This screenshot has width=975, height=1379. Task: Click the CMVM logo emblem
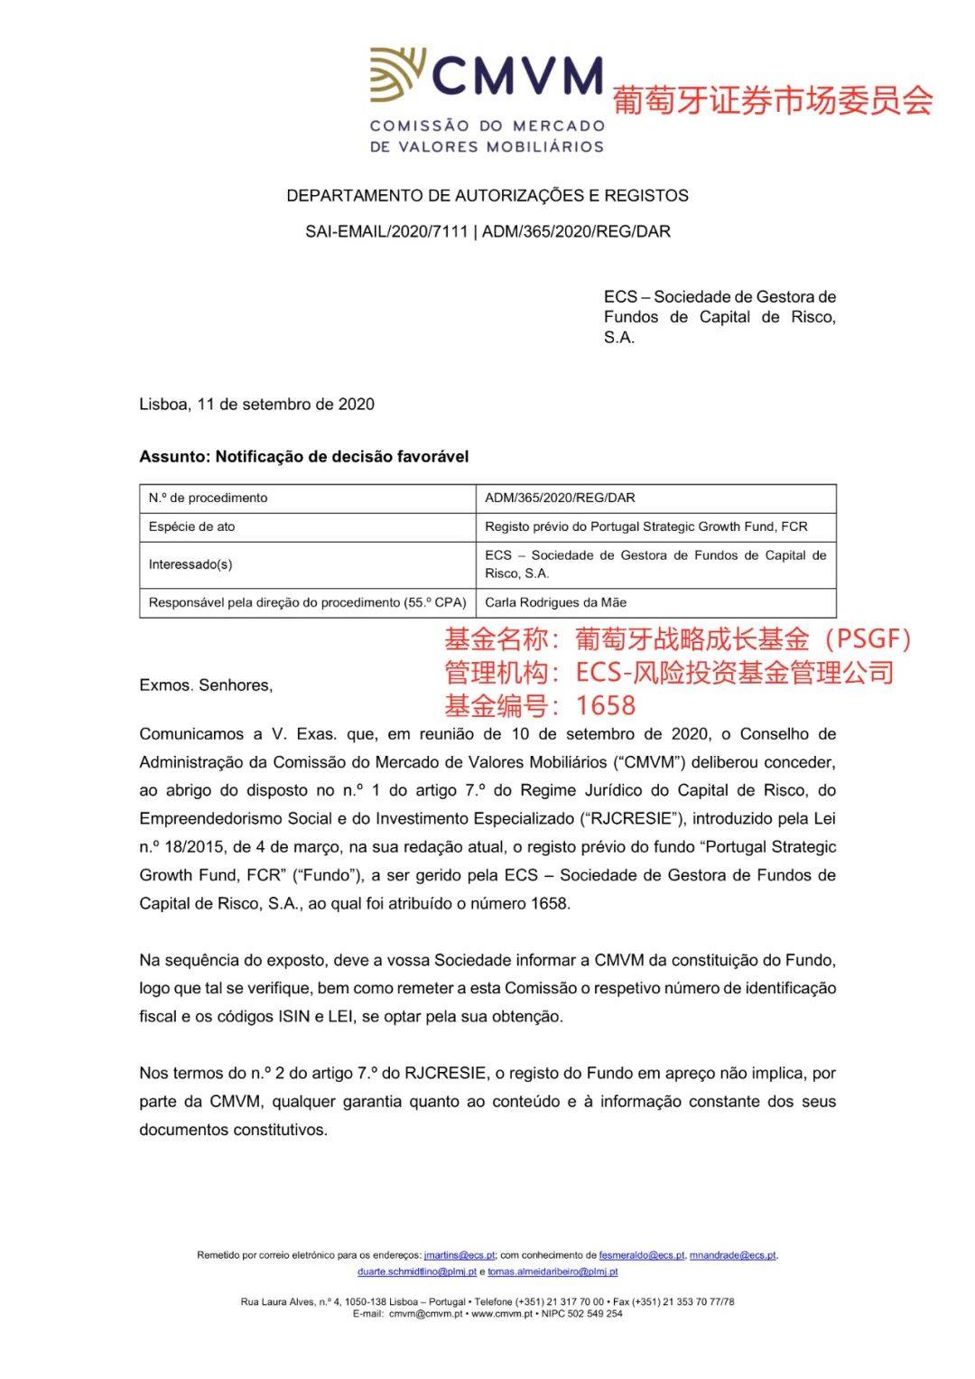point(397,75)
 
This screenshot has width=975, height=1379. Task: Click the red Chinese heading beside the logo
point(773,100)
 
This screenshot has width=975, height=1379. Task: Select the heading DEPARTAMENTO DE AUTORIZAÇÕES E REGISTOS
point(487,196)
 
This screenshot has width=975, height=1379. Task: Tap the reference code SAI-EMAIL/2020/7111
point(386,232)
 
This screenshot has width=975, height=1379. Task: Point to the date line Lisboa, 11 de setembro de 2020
point(256,405)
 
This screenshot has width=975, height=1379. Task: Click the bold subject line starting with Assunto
point(303,457)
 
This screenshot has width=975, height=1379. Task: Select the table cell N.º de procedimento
point(209,498)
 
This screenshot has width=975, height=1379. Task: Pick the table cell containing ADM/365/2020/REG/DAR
point(560,498)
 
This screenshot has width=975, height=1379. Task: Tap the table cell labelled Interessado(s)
point(190,564)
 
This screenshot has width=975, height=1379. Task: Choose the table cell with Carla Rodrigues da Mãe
point(555,602)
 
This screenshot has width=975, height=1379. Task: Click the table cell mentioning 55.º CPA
point(307,602)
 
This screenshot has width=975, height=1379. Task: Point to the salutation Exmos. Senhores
point(206,685)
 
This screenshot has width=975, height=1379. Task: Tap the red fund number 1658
point(606,705)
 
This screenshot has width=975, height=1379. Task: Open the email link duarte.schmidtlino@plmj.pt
point(416,1272)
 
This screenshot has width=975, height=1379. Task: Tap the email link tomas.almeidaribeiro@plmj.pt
point(552,1272)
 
